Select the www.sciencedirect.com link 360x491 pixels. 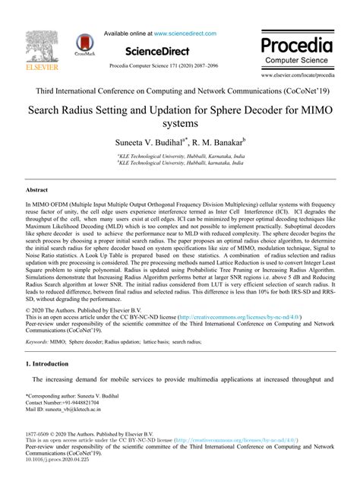point(185,33)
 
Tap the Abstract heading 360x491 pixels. point(36,192)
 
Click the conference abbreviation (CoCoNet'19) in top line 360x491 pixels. point(305,90)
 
